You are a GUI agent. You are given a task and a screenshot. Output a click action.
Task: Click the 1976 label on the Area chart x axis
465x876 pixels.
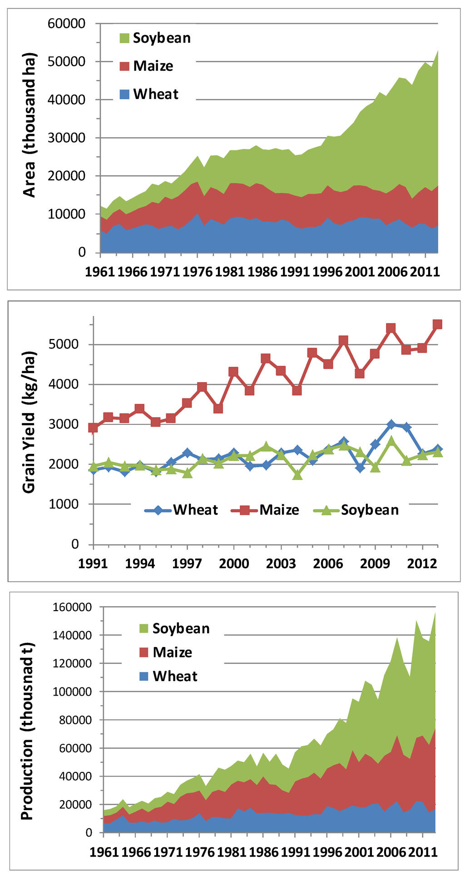click(x=198, y=272)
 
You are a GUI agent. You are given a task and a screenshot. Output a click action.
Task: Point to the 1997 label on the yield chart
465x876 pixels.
click(x=187, y=563)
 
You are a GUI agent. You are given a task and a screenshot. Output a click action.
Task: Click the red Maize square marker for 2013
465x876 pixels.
click(x=437, y=324)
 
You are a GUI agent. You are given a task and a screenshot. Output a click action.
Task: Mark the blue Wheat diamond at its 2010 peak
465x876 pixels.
click(x=391, y=424)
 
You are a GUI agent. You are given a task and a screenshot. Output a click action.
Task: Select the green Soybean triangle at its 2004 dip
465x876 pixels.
click(x=297, y=475)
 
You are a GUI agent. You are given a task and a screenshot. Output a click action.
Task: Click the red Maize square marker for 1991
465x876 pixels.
click(x=93, y=428)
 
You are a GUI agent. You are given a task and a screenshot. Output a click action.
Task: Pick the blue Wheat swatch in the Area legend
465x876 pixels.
click(x=125, y=95)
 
